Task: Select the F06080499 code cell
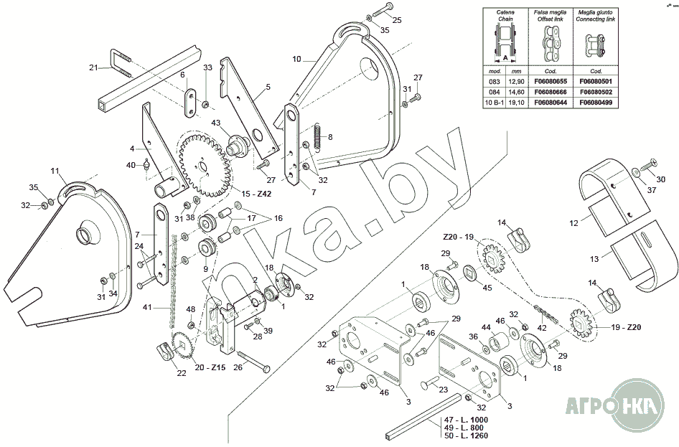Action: [x=595, y=103]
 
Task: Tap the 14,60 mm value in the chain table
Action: [x=513, y=93]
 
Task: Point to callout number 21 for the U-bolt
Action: [x=93, y=67]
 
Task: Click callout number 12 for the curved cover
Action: [x=573, y=224]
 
